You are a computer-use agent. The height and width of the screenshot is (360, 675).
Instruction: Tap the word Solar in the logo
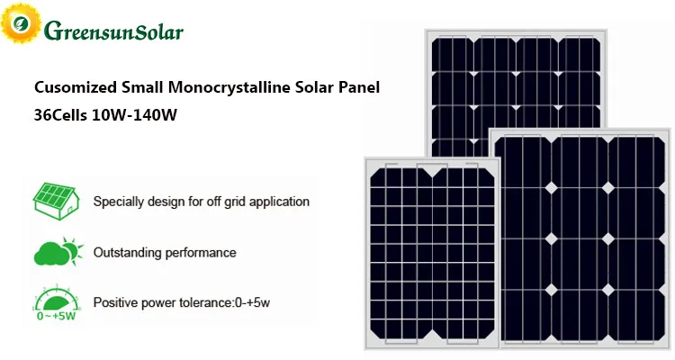[x=160, y=32]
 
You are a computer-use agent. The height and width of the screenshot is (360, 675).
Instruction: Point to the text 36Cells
[x=59, y=116]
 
